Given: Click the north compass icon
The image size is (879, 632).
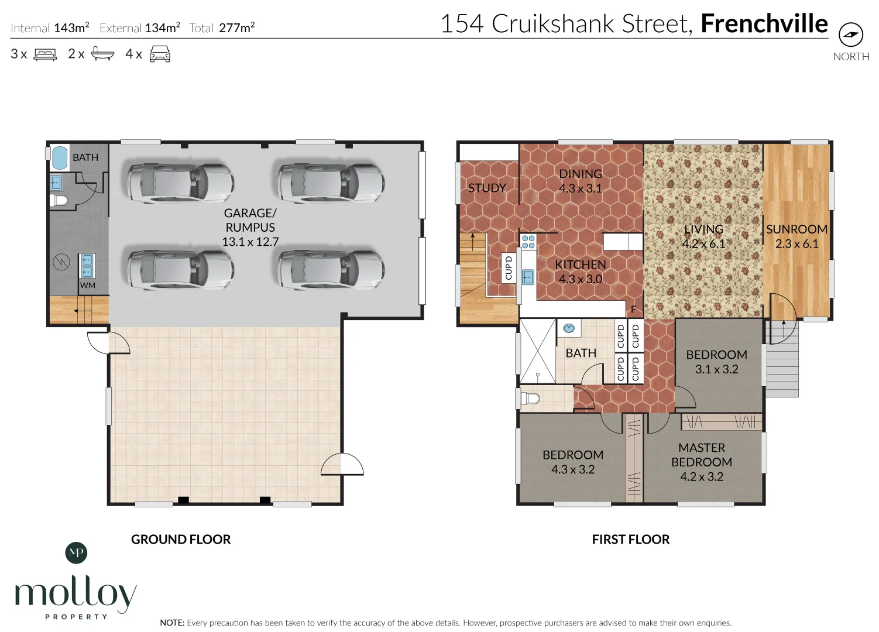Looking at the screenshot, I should click(x=850, y=35).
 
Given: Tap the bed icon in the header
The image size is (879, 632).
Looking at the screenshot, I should click(x=45, y=54).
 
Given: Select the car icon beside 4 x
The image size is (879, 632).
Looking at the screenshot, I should click(x=160, y=54).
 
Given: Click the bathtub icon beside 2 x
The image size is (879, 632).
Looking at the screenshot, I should click(x=102, y=54).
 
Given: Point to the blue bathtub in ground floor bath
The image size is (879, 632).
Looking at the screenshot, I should click(x=60, y=158).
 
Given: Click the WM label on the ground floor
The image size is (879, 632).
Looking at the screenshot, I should click(x=87, y=286).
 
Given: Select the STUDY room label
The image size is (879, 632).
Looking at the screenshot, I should click(x=487, y=188).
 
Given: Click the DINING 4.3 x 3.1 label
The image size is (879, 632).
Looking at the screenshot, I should click(x=580, y=181).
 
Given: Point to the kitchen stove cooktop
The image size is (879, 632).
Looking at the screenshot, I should click(x=528, y=242).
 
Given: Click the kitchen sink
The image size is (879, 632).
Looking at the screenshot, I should click(x=527, y=277).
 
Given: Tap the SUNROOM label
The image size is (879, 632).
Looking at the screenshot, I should click(x=796, y=229).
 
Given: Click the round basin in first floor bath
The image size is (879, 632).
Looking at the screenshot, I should click(x=568, y=328).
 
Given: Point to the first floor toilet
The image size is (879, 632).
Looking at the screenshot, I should click(x=530, y=399).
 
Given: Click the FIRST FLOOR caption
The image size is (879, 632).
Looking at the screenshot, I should click(x=630, y=540).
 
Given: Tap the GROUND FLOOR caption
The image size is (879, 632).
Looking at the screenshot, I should click(x=181, y=540).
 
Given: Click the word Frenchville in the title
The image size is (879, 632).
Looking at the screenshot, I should click(x=764, y=24).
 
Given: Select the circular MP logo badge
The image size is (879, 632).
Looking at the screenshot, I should click(x=76, y=552).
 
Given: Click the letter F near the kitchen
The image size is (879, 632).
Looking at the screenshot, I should click(x=633, y=310).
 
